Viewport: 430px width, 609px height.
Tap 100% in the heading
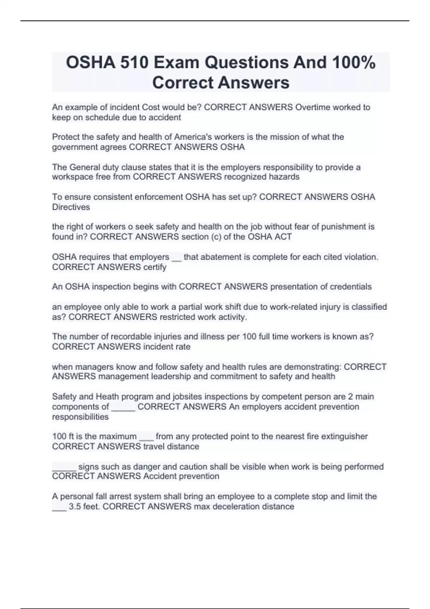pyautogui.click(x=354, y=63)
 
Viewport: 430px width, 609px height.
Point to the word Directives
pyautogui.click(x=71, y=207)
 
